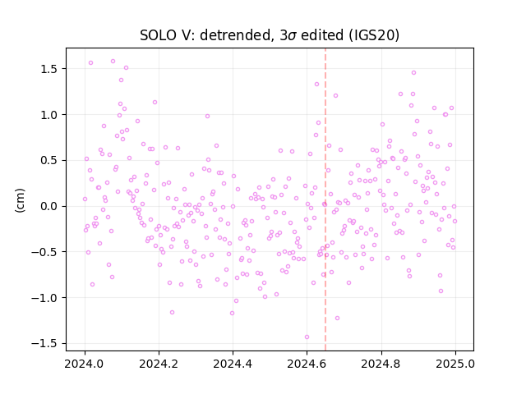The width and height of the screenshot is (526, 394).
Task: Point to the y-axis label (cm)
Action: click(x=20, y=200)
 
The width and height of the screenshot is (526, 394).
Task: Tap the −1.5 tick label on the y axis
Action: click(x=47, y=343)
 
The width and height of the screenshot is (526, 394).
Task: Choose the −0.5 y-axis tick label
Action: click(x=47, y=252)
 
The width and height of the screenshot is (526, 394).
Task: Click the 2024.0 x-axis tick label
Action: click(x=85, y=364)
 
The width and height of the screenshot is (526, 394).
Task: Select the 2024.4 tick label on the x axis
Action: click(x=233, y=364)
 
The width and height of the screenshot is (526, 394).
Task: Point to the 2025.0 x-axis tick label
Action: click(x=455, y=364)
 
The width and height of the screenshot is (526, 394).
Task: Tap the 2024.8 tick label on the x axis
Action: click(x=381, y=364)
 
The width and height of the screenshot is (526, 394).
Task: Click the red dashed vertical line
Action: click(x=325, y=199)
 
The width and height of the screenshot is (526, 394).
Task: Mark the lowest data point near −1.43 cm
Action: click(x=307, y=337)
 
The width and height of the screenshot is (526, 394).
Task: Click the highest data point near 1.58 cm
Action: click(x=113, y=62)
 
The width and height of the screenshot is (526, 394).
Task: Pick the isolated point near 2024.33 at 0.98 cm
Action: click(x=207, y=117)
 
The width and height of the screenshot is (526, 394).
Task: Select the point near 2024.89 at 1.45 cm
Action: click(x=413, y=73)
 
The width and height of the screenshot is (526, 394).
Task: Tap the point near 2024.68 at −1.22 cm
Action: click(x=337, y=318)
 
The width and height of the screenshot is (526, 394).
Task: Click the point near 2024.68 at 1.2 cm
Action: click(x=335, y=96)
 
